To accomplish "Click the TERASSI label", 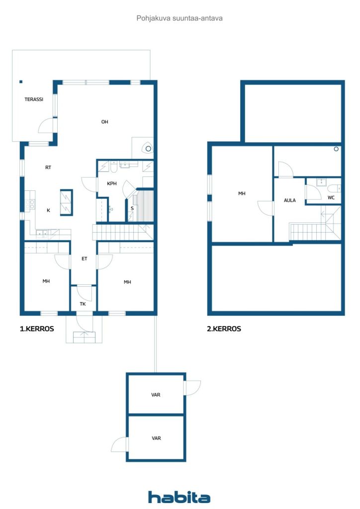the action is (34, 99).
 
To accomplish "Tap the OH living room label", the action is (104, 122).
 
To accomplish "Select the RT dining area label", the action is (48, 168).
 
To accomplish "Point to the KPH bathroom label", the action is (112, 183).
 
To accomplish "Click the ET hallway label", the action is (85, 258).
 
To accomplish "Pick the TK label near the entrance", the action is (83, 304).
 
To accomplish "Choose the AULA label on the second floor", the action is (290, 200).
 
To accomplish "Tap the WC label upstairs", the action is (331, 197).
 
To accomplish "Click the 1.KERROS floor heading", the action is (37, 329).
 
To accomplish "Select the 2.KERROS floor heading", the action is (224, 329).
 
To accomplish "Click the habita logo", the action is (179, 497).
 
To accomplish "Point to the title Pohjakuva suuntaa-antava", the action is (180, 18).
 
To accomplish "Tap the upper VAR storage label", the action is (156, 395).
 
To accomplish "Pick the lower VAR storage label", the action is (156, 438).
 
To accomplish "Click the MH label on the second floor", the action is (242, 193).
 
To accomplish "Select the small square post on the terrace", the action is (21, 82).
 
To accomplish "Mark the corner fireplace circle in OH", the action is (148, 149).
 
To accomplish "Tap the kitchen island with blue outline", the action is (66, 203).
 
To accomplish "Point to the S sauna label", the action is (132, 208).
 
